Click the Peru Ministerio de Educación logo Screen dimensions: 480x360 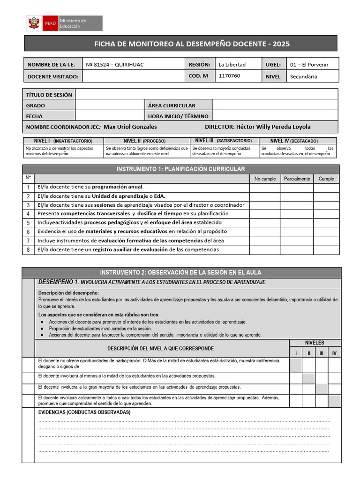pyautogui.click(x=63, y=23)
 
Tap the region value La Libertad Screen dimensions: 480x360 pyautogui.click(x=232, y=65)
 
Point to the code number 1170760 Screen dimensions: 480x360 pyautogui.click(x=229, y=76)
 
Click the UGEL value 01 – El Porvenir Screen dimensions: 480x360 pyautogui.click(x=309, y=65)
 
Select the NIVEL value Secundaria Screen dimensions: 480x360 pyautogui.click(x=304, y=76)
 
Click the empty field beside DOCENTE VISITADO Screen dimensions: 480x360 pyautogui.click(x=133, y=76)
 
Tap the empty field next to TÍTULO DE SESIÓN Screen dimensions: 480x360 pyautogui.click(x=206, y=94)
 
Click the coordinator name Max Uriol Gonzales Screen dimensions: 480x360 pyautogui.click(x=130, y=127)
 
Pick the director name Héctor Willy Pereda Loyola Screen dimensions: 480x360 pyautogui.click(x=273, y=127)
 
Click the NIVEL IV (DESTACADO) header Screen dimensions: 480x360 pyautogui.click(x=298, y=141)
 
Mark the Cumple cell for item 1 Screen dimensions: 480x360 pyautogui.click(x=326, y=187)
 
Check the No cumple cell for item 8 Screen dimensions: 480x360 pyautogui.click(x=265, y=250)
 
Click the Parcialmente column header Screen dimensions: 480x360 pyautogui.click(x=297, y=179)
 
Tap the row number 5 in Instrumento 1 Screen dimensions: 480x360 pyautogui.click(x=28, y=223)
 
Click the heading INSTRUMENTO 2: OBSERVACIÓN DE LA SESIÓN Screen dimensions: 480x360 pyautogui.click(x=180, y=272)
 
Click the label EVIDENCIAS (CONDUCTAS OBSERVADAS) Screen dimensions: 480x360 pyautogui.click(x=84, y=412)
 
